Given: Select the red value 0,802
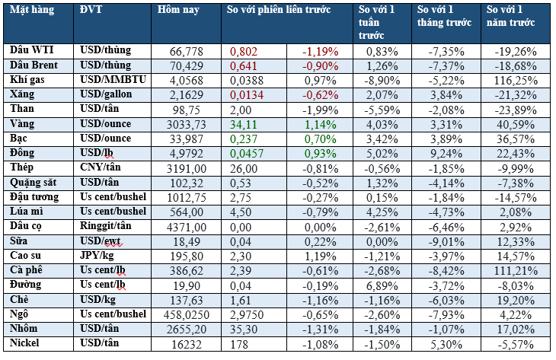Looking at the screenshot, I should (x=245, y=51).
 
